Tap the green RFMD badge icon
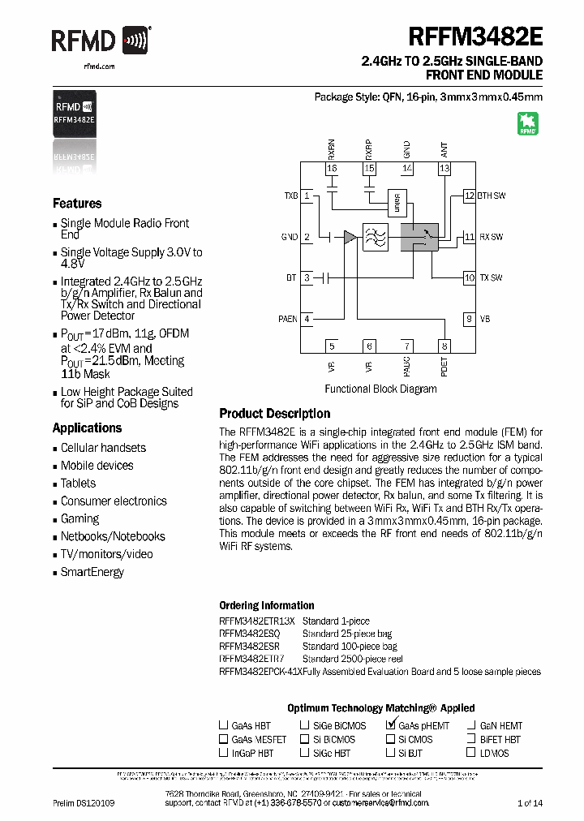528,123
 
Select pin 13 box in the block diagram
444,169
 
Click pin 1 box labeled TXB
307,196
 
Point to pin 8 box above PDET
444,346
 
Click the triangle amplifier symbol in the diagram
350,237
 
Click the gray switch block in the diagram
419,237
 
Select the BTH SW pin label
491,196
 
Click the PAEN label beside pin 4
288,319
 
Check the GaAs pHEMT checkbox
391,725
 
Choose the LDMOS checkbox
471,753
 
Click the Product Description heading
275,413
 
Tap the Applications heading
88,428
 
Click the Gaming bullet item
80,518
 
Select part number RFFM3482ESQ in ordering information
249,633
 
